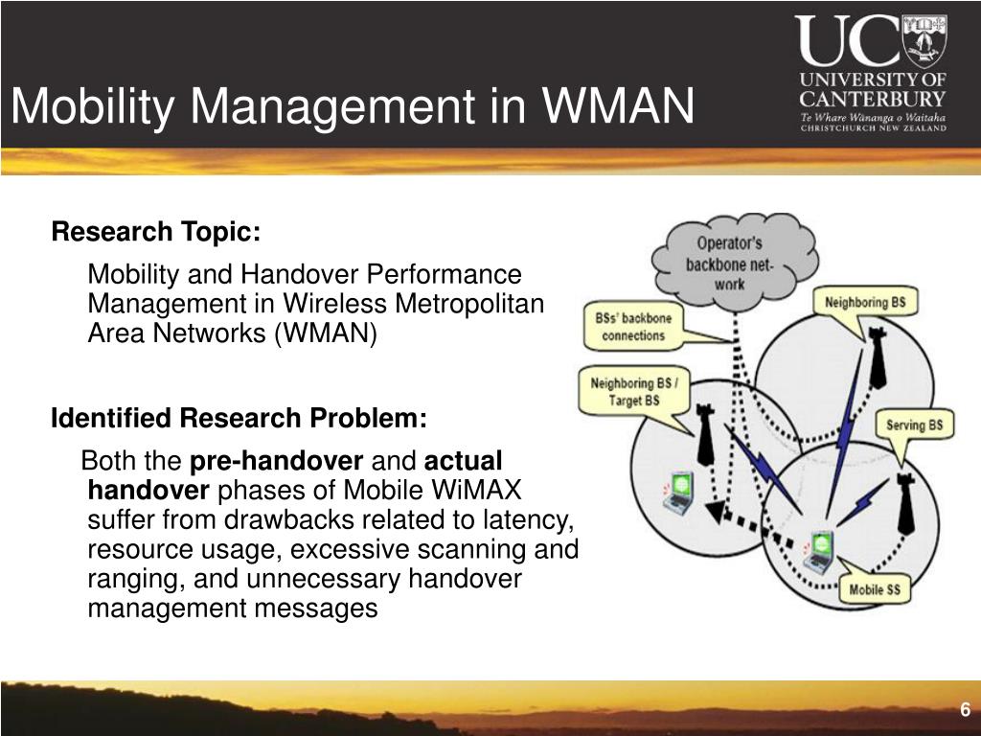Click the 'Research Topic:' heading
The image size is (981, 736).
156,232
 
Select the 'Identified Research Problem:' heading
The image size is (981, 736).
239,418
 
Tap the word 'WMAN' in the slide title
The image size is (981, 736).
618,105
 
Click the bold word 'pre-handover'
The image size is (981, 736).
276,461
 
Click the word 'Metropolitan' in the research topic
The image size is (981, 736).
469,304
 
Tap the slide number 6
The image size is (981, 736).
966,710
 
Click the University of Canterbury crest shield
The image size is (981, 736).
924,40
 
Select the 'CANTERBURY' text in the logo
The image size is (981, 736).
873,99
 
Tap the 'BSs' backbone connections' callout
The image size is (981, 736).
633,327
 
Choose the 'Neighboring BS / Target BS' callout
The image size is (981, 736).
634,391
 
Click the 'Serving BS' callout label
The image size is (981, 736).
914,425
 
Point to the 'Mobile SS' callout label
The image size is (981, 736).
874,589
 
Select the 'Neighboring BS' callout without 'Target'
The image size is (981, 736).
865,303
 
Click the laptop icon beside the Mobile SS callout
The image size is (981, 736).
819,550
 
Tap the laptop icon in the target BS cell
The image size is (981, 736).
678,492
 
